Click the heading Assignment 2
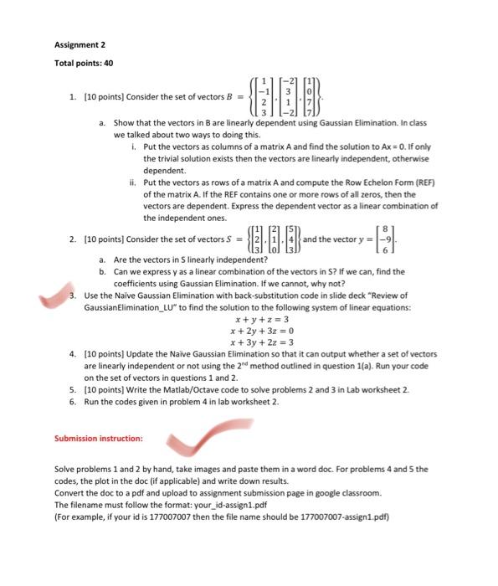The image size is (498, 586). [x=80, y=44]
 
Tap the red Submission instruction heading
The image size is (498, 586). [x=99, y=438]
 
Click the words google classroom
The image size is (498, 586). [x=352, y=493]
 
